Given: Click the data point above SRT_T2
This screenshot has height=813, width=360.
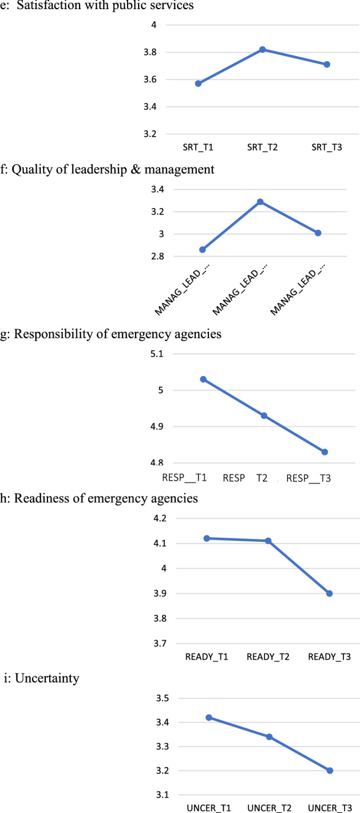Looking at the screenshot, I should (263, 50).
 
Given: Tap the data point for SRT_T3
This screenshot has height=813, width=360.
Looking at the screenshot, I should (327, 64).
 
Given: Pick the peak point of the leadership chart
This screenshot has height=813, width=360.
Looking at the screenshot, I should (260, 202).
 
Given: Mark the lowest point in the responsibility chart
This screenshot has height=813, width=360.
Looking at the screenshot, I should (325, 452).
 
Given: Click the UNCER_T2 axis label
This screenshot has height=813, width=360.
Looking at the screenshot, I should (268, 808).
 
